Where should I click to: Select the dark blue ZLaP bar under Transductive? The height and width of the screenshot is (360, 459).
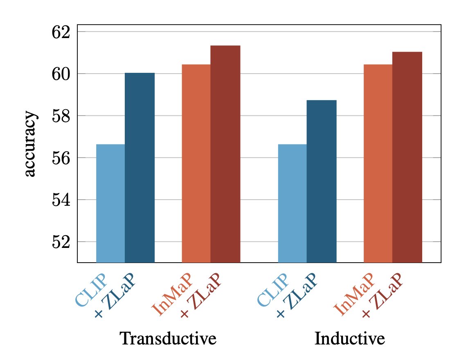coord(139,168)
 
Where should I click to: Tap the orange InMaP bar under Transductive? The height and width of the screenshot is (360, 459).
coord(196,164)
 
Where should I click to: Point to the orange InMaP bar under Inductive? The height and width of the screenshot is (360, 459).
coord(378,164)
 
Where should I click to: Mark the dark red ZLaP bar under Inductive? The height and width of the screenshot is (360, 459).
coord(407,157)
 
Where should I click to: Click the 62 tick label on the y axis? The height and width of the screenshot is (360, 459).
coord(61,32)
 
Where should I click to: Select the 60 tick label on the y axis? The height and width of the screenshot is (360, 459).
coord(61,74)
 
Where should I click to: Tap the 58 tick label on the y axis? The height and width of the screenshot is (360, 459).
coord(61,116)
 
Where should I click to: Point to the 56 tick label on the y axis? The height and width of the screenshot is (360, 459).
coord(61,158)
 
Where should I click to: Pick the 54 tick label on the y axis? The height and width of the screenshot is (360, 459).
coord(61,200)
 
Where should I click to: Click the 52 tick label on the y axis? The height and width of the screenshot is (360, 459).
coord(61,242)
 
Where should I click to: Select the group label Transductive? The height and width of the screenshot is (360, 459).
coord(168,339)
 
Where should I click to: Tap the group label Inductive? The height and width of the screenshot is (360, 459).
coord(350,339)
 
